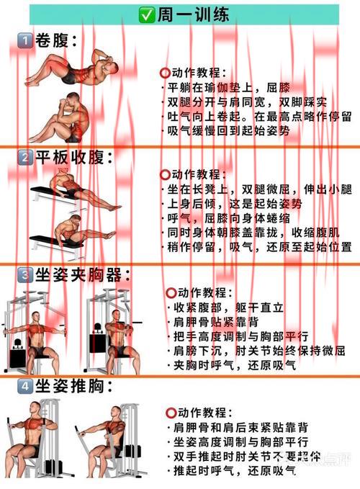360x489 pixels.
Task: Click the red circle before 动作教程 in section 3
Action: click(x=171, y=293)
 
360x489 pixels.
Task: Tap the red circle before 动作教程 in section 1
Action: click(x=165, y=72)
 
